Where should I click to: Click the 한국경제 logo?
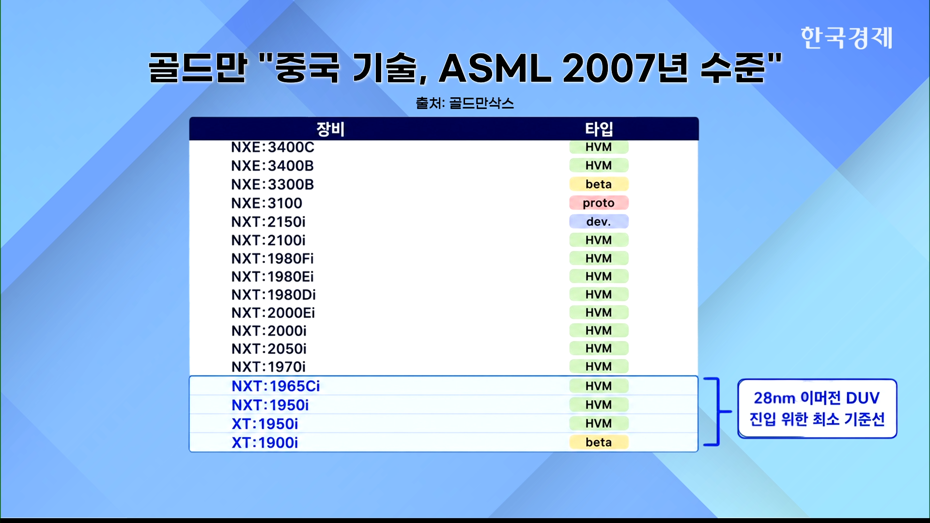(x=846, y=38)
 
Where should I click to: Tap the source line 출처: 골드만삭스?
(x=465, y=103)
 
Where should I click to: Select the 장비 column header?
(x=330, y=129)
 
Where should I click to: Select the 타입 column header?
(x=599, y=129)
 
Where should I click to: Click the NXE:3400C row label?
(x=273, y=147)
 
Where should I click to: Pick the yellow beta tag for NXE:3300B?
(x=599, y=184)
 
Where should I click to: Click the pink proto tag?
(x=599, y=203)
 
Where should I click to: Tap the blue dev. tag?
(x=599, y=222)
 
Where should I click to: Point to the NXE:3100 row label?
(x=266, y=203)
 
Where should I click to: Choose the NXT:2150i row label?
(x=268, y=222)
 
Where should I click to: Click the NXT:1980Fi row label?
(x=272, y=259)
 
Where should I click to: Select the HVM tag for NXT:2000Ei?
(x=599, y=312)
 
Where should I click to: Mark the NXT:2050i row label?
(x=269, y=349)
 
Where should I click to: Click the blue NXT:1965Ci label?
(x=276, y=386)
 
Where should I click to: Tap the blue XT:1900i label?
(x=264, y=443)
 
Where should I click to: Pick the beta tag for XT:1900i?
(x=599, y=442)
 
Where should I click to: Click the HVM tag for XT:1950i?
(x=599, y=423)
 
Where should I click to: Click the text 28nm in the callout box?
(x=775, y=398)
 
